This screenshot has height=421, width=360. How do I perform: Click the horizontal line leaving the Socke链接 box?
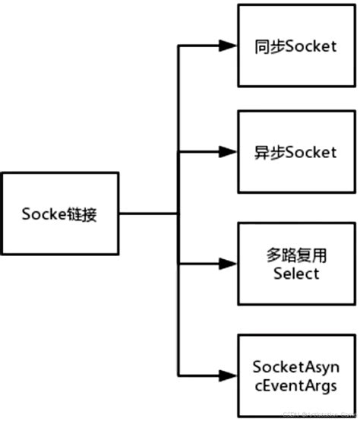pos(148,214)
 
